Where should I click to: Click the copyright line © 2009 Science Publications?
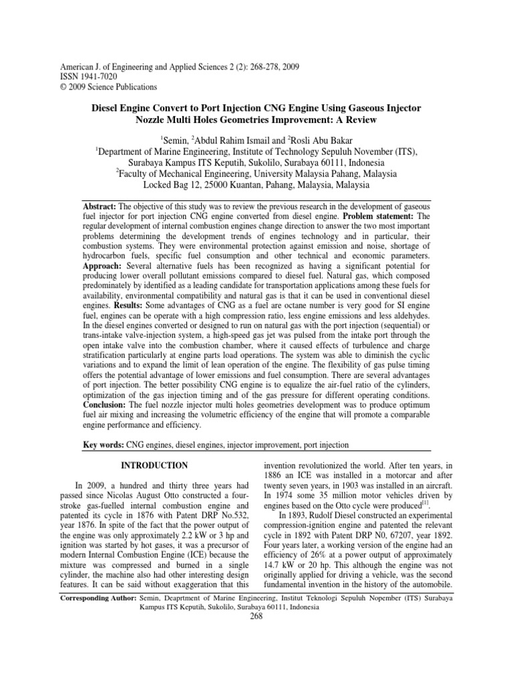pos(109,87)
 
